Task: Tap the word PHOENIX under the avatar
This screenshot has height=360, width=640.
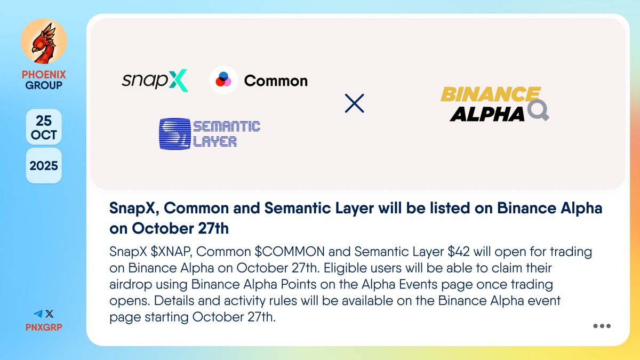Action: click(44, 75)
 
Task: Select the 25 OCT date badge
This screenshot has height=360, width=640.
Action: click(44, 127)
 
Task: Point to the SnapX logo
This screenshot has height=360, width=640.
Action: click(155, 81)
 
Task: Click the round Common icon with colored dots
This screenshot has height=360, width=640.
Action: click(223, 81)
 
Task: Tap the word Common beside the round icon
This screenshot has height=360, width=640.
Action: click(276, 81)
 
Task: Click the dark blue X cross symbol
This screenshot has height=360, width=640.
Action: click(354, 103)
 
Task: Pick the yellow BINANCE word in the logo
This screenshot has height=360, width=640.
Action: click(490, 95)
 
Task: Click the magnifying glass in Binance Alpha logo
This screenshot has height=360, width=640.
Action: click(537, 111)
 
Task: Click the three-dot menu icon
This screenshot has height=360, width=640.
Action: click(602, 326)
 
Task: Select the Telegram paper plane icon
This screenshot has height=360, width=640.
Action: click(38, 315)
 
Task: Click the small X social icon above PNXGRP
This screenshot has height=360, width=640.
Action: click(50, 315)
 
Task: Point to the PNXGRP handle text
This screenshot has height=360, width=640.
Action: click(44, 327)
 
